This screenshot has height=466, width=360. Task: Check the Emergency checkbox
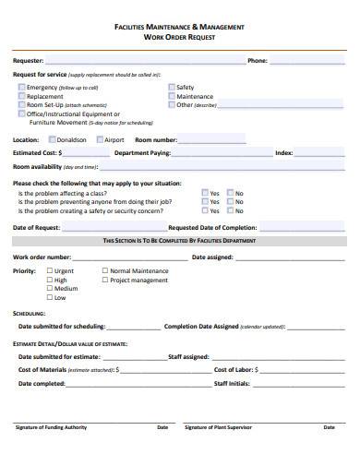tap(22, 87)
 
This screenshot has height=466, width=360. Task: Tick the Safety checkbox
tap(172, 87)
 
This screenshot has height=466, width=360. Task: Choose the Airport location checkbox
tap(100, 139)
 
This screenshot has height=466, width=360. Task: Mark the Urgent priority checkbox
tap(50, 271)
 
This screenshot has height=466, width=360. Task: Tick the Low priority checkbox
tap(50, 297)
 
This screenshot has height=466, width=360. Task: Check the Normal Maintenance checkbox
tap(104, 271)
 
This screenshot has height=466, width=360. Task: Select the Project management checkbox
tap(104, 280)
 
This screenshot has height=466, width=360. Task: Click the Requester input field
tap(138, 61)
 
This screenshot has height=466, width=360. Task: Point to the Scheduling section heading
tap(30, 314)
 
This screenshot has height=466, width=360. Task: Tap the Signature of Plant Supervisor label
tap(219, 427)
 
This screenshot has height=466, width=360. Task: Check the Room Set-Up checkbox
tap(22, 104)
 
